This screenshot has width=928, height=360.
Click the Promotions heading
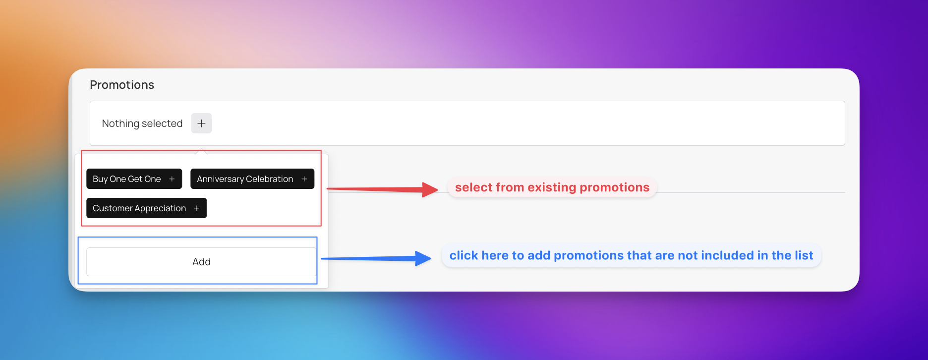[122, 85]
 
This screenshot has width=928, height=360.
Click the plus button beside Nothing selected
[201, 123]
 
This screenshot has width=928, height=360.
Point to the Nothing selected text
[142, 123]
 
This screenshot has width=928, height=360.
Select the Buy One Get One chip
[134, 179]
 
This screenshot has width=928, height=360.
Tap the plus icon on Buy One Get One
[172, 179]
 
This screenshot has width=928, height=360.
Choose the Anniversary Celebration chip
[252, 179]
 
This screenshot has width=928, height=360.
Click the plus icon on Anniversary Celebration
[304, 179]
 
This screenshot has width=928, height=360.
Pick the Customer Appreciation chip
[147, 208]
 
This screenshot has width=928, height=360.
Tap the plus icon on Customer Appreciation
[197, 208]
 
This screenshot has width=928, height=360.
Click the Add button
[201, 262]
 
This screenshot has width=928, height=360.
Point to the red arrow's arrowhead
[430, 189]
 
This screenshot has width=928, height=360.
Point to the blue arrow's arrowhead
[423, 258]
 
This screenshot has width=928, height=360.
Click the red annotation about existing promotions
[552, 187]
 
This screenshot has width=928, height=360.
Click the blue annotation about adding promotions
[632, 255]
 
